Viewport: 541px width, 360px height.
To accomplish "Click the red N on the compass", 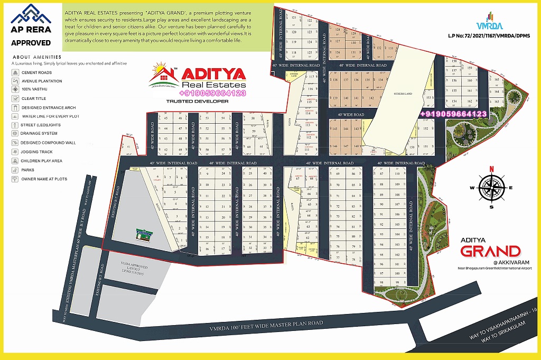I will point(491,169).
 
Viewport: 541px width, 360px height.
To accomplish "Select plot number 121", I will point(295,17).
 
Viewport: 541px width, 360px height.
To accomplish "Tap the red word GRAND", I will point(490,251).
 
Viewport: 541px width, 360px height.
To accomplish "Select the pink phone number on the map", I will point(453,114).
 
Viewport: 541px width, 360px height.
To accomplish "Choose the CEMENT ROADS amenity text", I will point(36,72).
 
